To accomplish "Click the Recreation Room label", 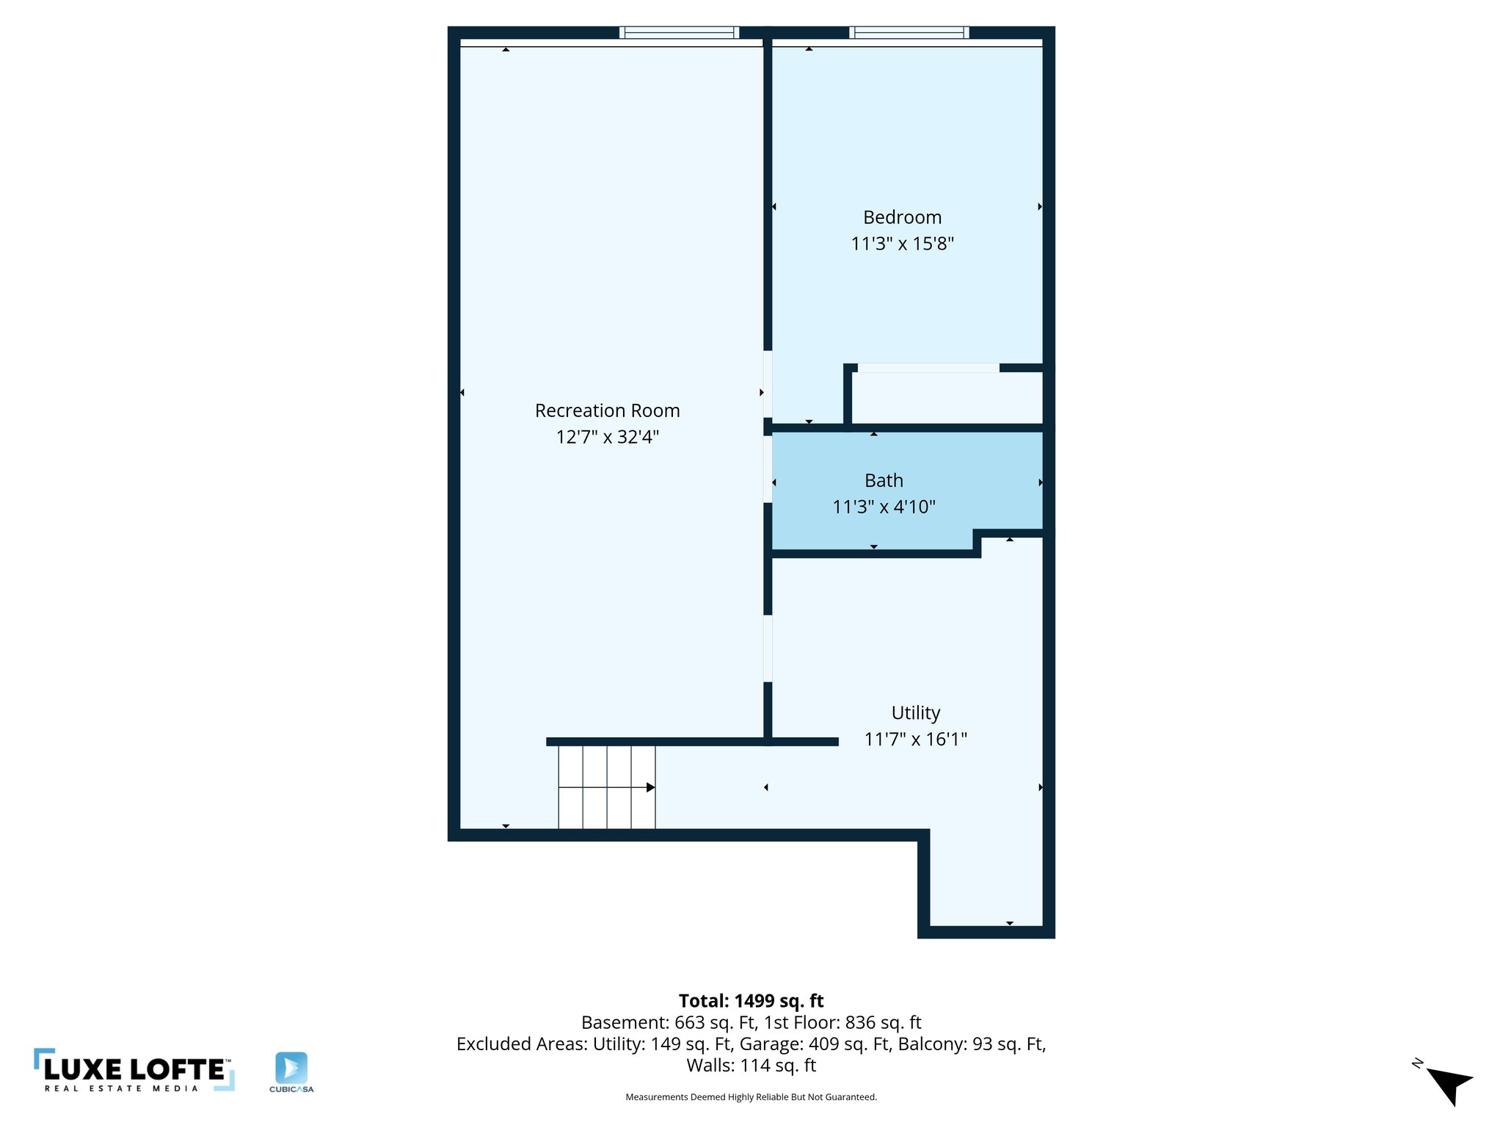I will [607, 411].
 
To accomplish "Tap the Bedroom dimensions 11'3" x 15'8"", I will [902, 244].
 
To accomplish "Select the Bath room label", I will [884, 480].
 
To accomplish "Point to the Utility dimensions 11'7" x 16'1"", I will [915, 739].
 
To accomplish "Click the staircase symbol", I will [607, 787].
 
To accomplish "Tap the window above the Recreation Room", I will [679, 32].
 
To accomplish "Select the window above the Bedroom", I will [909, 32].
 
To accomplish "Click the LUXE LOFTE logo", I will [134, 1070].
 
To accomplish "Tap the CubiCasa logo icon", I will [291, 1067].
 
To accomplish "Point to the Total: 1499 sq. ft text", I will [751, 1001].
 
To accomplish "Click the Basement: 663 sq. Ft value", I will [669, 1022].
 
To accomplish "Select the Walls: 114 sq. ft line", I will [751, 1066].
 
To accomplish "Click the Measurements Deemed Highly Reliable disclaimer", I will [751, 1097].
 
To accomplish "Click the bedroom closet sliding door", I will [928, 368].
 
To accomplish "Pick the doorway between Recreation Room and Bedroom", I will [768, 384].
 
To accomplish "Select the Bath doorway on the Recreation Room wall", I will [768, 469].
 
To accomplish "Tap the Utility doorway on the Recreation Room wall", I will [768, 648].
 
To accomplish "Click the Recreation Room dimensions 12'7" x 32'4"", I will [607, 437].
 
